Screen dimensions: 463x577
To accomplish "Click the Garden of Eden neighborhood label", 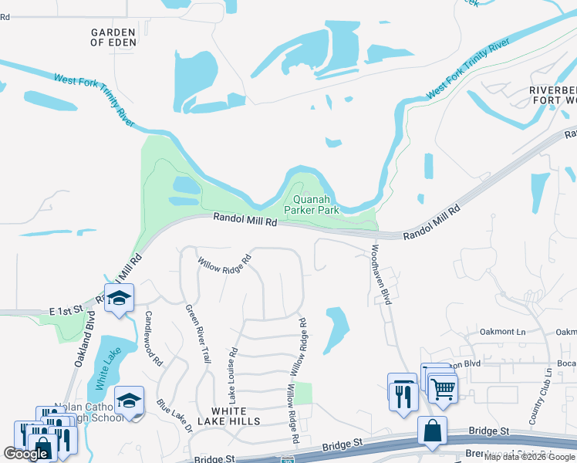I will [113, 37].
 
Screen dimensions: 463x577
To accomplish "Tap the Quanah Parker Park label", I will [312, 204].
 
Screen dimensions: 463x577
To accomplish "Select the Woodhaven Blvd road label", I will [381, 275].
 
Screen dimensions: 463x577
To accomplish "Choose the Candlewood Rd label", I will [153, 338].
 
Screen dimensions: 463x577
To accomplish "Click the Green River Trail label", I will [197, 333].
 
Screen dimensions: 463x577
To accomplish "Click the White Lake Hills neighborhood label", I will [235, 416].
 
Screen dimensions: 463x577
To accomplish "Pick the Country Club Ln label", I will [538, 395].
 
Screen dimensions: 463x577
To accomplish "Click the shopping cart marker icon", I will [443, 389].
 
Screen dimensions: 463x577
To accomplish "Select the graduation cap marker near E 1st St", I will [119, 299].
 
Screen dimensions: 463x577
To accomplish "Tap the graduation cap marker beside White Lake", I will [129, 400].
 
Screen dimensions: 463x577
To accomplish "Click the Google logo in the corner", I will [25, 454].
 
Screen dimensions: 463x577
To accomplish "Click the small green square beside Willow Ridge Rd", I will [303, 393].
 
